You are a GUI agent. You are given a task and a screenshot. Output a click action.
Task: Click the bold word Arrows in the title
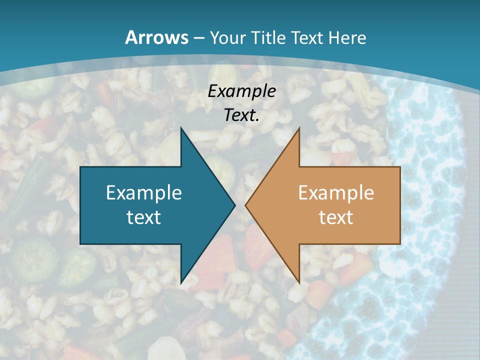click(157, 37)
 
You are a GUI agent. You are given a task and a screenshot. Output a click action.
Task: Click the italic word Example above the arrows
click(242, 91)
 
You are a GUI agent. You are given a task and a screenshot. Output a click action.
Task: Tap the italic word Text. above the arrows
click(242, 115)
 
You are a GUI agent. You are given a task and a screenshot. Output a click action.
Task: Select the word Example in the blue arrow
click(144, 192)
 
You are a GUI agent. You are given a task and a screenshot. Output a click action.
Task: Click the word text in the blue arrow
click(144, 217)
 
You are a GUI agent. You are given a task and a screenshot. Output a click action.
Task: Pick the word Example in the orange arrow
click(336, 192)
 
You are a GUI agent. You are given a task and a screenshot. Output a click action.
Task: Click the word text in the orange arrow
click(336, 217)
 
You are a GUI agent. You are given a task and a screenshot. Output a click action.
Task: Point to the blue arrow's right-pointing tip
click(234, 205)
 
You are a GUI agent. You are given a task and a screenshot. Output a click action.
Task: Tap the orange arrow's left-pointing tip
click(245, 205)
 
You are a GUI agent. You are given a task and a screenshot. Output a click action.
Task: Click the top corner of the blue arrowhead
click(181, 128)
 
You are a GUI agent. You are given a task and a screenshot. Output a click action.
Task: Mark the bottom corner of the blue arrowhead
click(181, 283)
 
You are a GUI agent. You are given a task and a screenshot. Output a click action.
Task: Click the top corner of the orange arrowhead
click(299, 128)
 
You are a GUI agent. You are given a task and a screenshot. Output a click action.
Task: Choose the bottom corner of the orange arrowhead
click(299, 283)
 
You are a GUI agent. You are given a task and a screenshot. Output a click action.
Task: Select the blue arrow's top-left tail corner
click(80, 167)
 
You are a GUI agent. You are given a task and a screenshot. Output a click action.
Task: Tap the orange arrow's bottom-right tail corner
click(400, 244)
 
